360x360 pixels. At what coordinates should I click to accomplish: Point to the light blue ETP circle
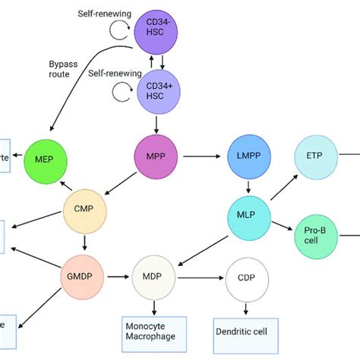point(317,156)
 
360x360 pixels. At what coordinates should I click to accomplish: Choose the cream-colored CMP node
point(84,207)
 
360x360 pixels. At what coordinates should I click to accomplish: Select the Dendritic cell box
point(245,331)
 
